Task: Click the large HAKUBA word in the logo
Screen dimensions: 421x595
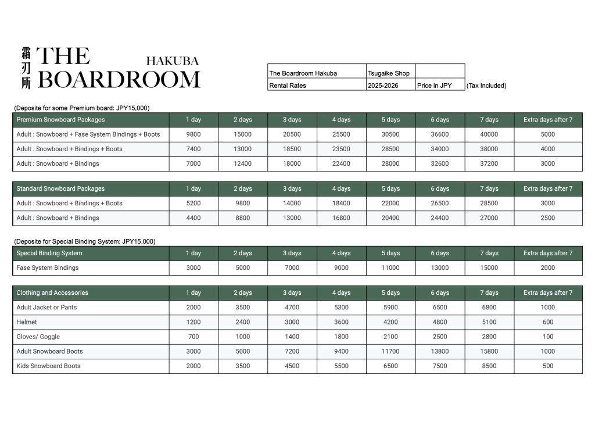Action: pos(172,61)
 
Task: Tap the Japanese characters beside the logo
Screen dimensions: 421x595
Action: pos(26,67)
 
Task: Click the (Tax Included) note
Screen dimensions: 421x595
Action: pos(486,85)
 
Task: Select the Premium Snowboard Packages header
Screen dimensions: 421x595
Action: pos(60,120)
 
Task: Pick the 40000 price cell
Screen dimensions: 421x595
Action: pos(489,134)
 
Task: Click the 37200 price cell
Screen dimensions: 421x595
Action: pos(489,163)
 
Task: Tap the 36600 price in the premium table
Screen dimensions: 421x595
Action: pos(440,134)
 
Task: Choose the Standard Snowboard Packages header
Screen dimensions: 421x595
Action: pos(60,188)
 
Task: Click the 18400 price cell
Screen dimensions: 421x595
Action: pos(341,204)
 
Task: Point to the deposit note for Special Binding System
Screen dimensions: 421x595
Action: pos(85,241)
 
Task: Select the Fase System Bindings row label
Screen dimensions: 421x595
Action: pos(48,268)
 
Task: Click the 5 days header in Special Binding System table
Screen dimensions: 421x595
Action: pos(390,253)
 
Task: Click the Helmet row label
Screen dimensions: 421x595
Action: pos(27,322)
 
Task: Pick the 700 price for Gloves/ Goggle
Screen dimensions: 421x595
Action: pos(193,337)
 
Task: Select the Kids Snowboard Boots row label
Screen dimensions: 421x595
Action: pos(49,366)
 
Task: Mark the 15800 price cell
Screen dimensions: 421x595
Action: pos(489,351)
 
